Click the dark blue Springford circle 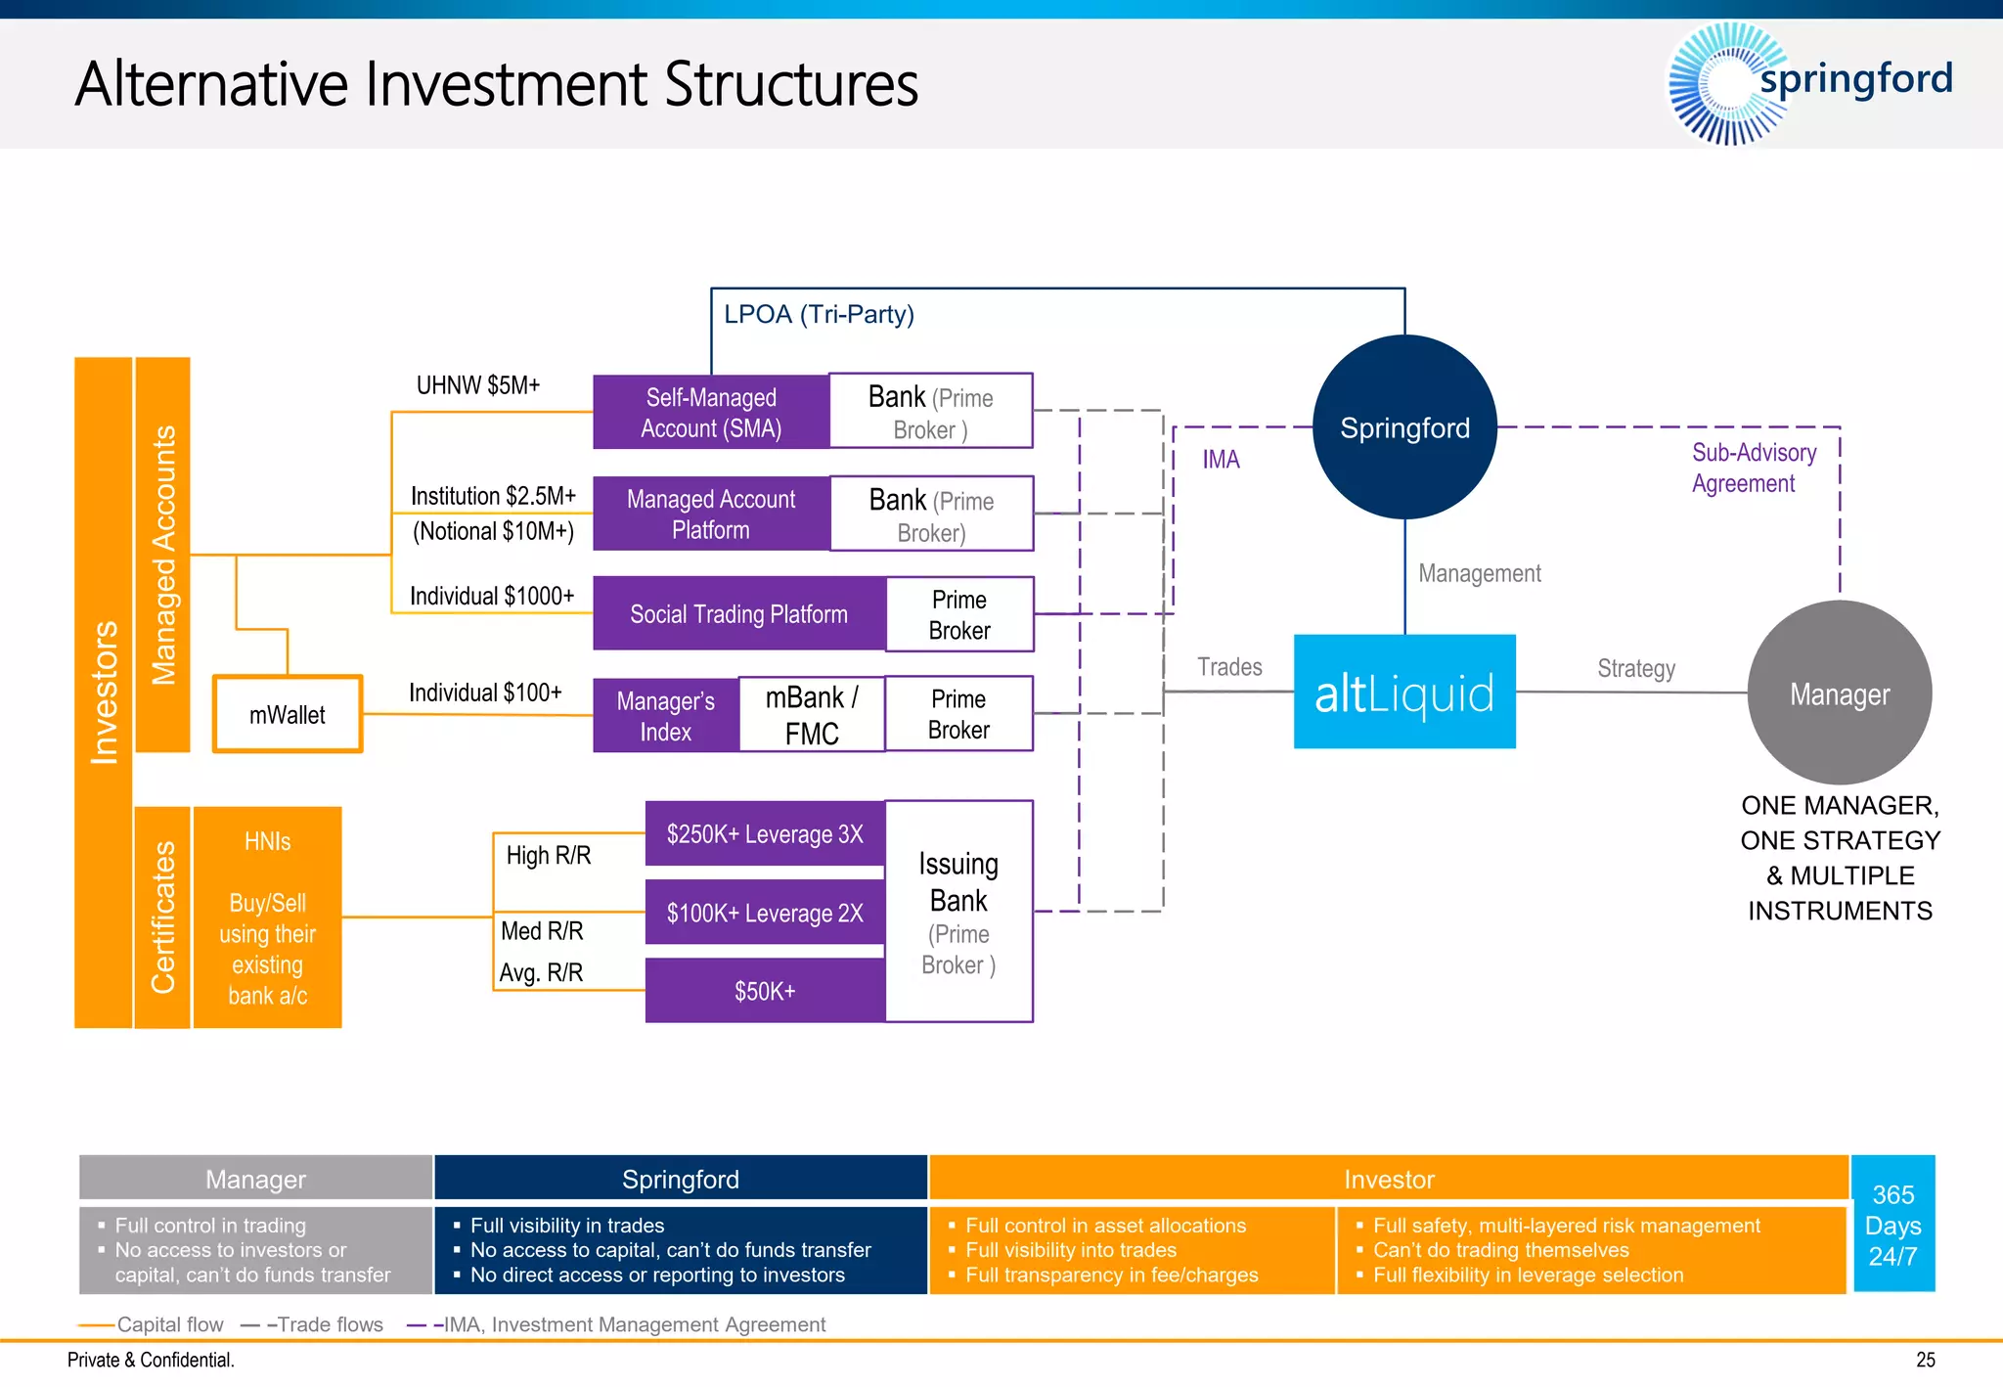[1404, 427]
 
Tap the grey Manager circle [1839, 693]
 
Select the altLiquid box [1404, 693]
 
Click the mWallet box [288, 715]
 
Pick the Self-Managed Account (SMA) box [711, 413]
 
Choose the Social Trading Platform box [738, 614]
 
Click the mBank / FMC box [812, 715]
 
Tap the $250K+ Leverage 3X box [765, 834]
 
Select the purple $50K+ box [765, 991]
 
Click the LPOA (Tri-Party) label [819, 315]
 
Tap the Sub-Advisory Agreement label [1753, 468]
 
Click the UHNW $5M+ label [478, 385]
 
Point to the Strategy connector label [1635, 669]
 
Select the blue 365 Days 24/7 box [1893, 1225]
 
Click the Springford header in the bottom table [681, 1180]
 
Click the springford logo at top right [1809, 82]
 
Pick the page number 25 [1925, 1360]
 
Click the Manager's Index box [665, 716]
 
